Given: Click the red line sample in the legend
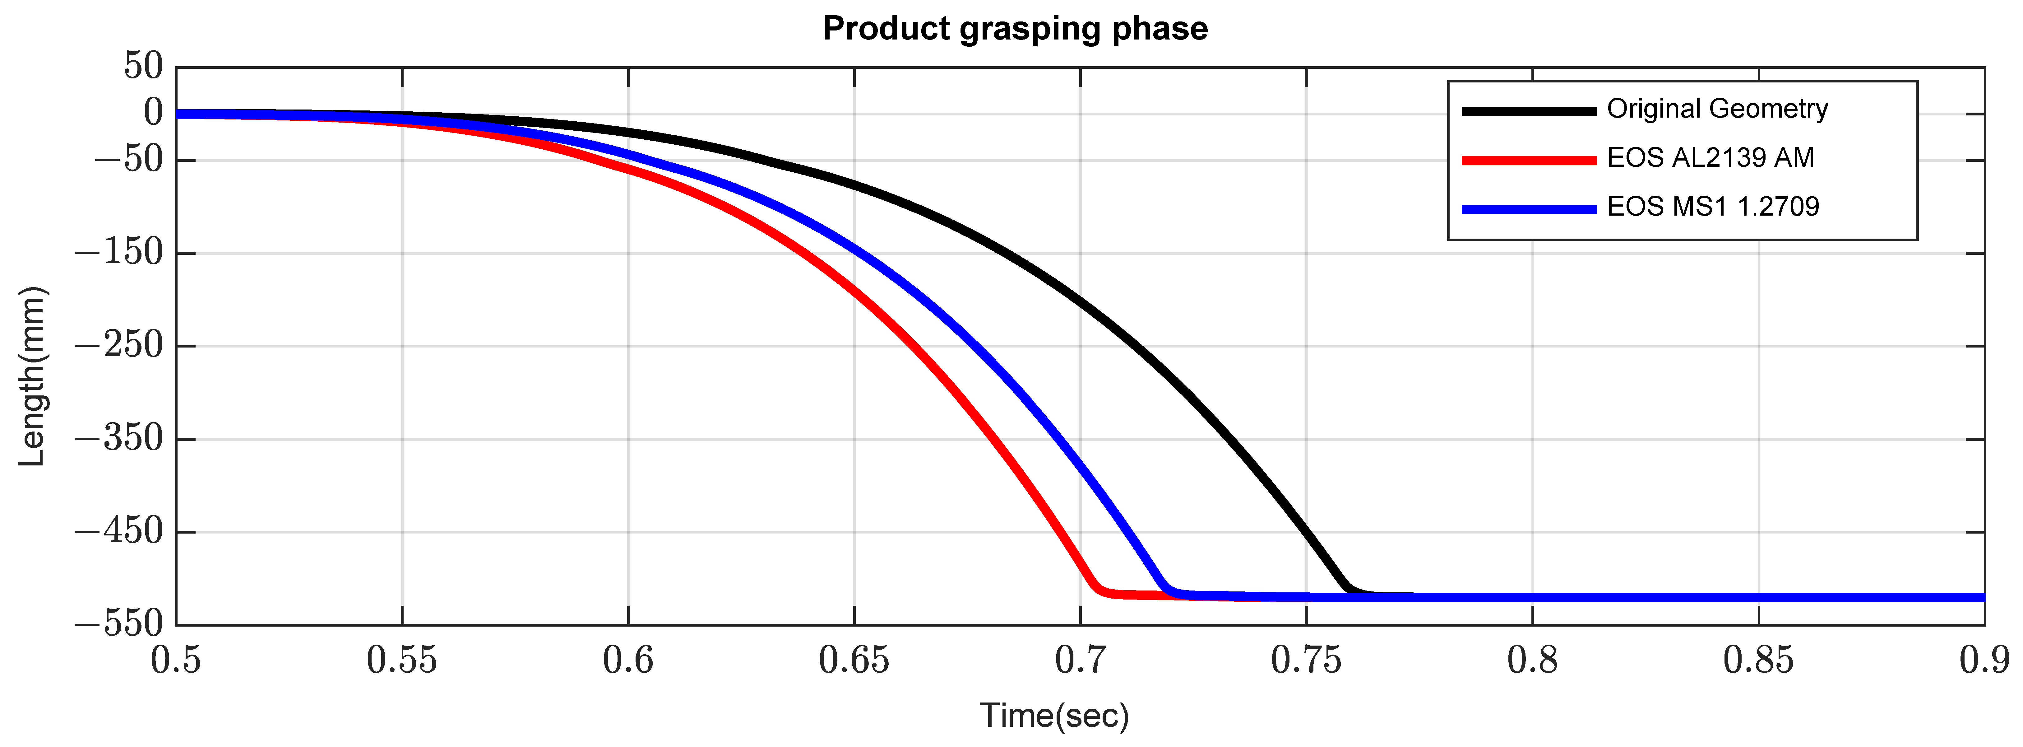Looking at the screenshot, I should click(1528, 160).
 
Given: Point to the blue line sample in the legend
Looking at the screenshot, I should click(1528, 209).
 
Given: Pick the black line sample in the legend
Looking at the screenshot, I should click(1528, 111).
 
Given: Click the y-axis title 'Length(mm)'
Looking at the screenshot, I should click(31, 377).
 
